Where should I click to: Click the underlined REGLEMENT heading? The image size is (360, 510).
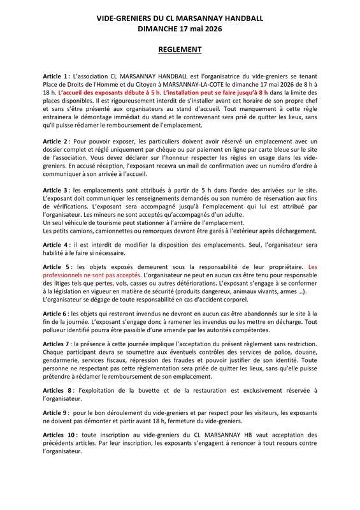[x=180, y=49]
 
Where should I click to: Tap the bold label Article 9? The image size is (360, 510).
[x=56, y=412]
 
